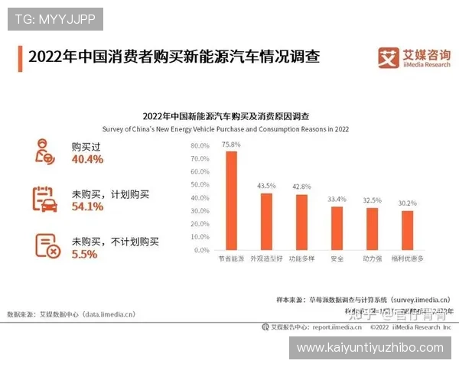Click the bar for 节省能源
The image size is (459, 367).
tap(230, 200)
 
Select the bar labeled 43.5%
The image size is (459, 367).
tap(266, 221)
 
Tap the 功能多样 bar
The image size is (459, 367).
tap(301, 222)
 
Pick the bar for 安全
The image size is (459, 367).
tap(337, 228)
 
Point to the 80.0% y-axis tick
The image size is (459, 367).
tap(200, 145)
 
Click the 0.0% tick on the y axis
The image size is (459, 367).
tap(201, 250)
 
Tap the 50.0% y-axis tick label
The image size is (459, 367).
tap(200, 184)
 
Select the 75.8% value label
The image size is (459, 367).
tap(230, 145)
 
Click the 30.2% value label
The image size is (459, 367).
tap(407, 203)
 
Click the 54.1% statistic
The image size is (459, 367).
tap(87, 206)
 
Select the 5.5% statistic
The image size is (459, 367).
tap(84, 254)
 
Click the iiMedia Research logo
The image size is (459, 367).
tap(412, 58)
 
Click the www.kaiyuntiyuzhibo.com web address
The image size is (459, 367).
tap(369, 347)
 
